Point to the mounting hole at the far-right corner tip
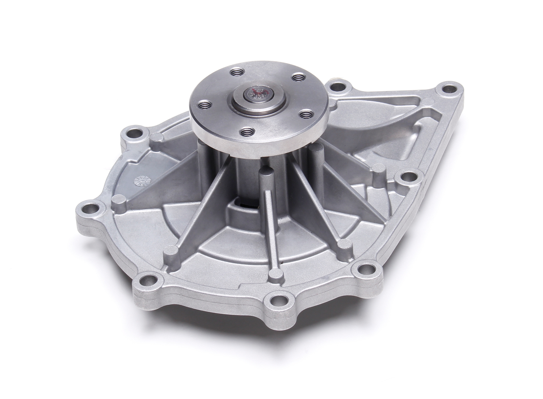click(x=450, y=89)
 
